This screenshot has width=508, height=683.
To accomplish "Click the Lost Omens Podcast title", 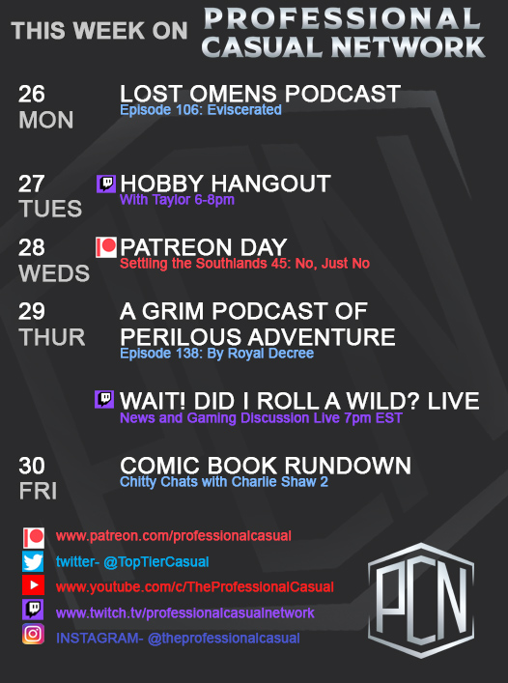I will tap(260, 94).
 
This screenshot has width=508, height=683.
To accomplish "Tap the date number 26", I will tap(32, 94).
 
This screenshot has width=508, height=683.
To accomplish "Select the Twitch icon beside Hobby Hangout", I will tap(105, 184).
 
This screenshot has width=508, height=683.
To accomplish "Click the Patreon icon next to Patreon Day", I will tap(105, 247).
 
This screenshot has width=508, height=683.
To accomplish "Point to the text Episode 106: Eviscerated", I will tap(201, 110).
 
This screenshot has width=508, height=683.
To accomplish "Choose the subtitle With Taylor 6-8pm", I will tap(177, 200).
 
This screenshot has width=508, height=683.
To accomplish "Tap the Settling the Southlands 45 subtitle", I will tap(244, 263).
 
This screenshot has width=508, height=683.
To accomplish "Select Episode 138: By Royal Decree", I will tap(216, 354).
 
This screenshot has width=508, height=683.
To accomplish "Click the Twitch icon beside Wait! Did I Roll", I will tap(105, 400).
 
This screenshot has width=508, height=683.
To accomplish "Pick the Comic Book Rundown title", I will tap(266, 467).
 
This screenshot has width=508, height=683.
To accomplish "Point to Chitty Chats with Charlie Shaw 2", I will tap(224, 482).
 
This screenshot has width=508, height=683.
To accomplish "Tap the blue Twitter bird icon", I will tap(34, 562).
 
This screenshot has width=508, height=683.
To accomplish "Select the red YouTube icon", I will tap(34, 586).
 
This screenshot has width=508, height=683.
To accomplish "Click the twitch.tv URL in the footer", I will tap(185, 612).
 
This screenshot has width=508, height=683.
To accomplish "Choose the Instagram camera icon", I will tap(34, 636).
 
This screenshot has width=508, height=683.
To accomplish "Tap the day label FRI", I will tap(38, 491).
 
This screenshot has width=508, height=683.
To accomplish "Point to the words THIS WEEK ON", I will tap(99, 31).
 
